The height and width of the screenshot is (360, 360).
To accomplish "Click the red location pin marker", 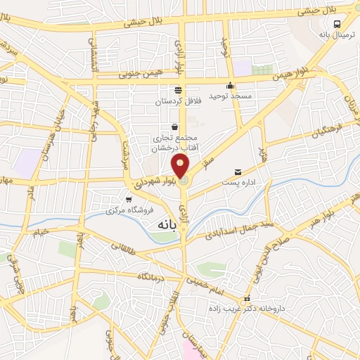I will point(181,167).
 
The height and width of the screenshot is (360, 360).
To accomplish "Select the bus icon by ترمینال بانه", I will point(336,22).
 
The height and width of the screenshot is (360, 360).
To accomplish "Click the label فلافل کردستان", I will point(178,101).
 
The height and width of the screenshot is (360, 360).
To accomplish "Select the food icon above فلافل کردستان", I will point(178,89).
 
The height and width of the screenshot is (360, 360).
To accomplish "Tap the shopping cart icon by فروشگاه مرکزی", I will point(127,200).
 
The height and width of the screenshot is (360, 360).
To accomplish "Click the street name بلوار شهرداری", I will point(149,183).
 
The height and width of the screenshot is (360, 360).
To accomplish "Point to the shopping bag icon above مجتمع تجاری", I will point(174,127).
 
